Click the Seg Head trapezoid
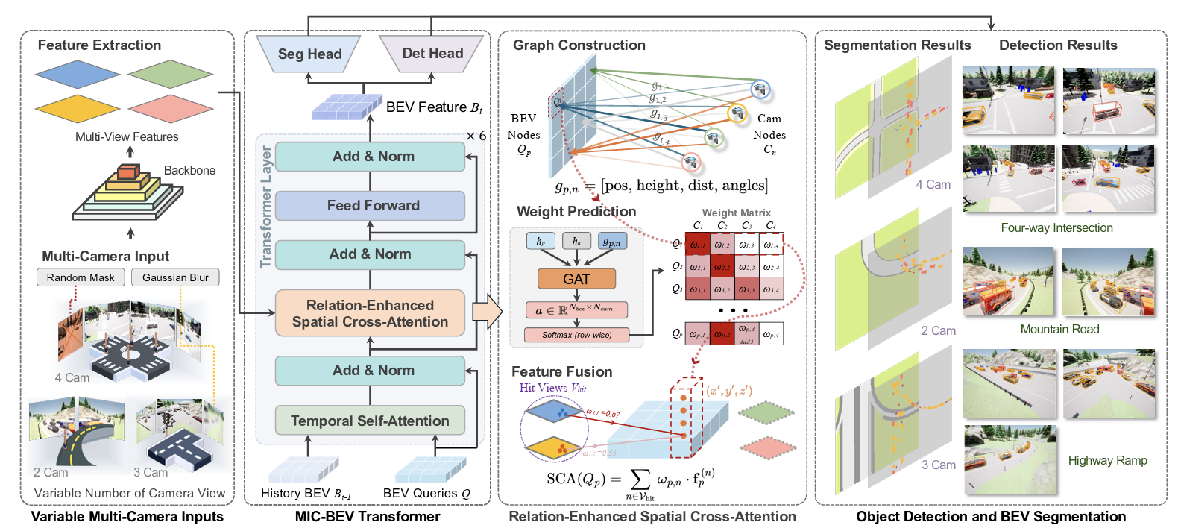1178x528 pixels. click(x=309, y=54)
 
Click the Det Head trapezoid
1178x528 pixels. click(x=432, y=54)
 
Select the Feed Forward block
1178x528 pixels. click(x=371, y=206)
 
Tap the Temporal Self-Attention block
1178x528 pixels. click(x=371, y=421)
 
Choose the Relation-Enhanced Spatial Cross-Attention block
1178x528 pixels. click(x=371, y=313)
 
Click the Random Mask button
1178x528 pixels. click(x=81, y=277)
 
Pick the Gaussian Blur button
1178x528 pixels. click(x=175, y=277)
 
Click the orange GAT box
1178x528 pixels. click(x=576, y=279)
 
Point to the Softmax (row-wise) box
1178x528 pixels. click(x=576, y=335)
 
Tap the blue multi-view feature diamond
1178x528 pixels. click(x=77, y=75)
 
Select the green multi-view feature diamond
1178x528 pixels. click(x=170, y=75)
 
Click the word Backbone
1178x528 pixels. click(x=189, y=170)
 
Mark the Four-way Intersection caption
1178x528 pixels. click(x=1056, y=228)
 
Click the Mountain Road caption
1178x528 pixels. click(x=1059, y=330)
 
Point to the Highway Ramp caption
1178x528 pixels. click(x=1107, y=461)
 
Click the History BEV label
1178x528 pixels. click(x=306, y=494)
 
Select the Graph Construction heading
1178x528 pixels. click(x=579, y=45)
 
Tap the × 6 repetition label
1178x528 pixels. click(x=476, y=136)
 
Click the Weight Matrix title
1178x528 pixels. click(x=736, y=213)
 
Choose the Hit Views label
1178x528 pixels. click(x=552, y=388)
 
